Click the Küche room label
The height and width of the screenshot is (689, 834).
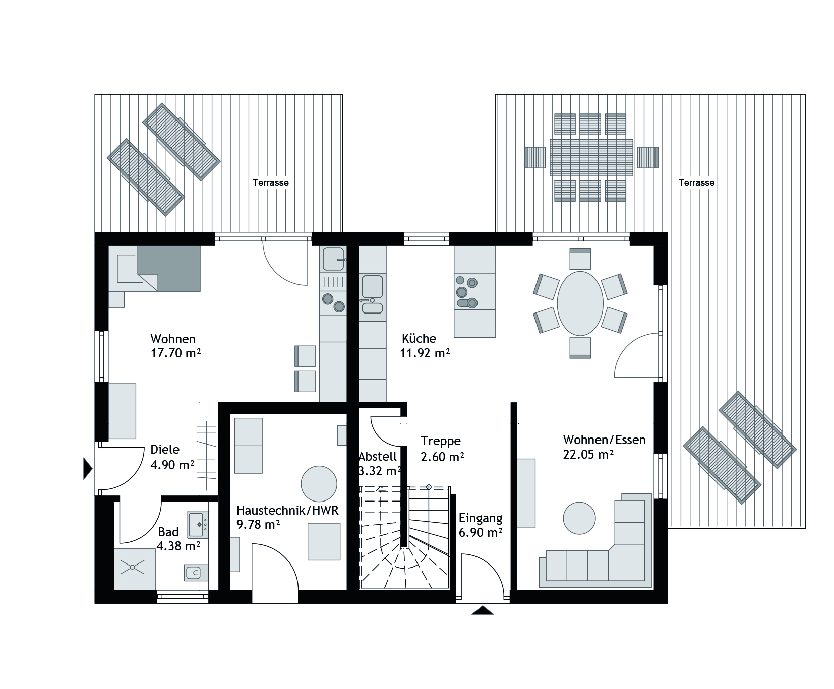[x=419, y=338]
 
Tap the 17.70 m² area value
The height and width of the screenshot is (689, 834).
[x=175, y=353]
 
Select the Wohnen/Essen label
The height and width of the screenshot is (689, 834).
[x=604, y=440]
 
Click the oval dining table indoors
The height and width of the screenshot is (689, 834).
[x=580, y=303]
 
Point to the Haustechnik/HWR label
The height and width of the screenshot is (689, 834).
[x=287, y=510]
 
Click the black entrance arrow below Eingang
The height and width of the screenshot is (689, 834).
[x=483, y=610]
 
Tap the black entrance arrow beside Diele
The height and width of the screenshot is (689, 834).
[x=88, y=469]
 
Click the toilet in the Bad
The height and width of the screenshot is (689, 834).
[x=194, y=573]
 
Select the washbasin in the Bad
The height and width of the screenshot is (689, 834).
[x=199, y=525]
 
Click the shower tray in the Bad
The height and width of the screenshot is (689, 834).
[x=135, y=569]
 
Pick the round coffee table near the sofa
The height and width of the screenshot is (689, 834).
[x=579, y=518]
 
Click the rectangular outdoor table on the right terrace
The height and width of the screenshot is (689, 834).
[x=591, y=157]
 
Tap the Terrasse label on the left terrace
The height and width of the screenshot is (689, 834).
[x=271, y=182]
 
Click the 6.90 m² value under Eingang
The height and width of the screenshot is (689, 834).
[x=481, y=532]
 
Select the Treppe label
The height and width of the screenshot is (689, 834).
[x=441, y=441]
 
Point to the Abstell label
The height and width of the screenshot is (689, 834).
[x=378, y=457]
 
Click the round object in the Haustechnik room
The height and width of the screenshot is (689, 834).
[x=319, y=483]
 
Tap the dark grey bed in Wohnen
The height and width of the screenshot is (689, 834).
[x=169, y=268]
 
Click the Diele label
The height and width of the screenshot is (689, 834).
[x=165, y=450]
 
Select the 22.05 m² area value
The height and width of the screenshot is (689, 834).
[x=588, y=454]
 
